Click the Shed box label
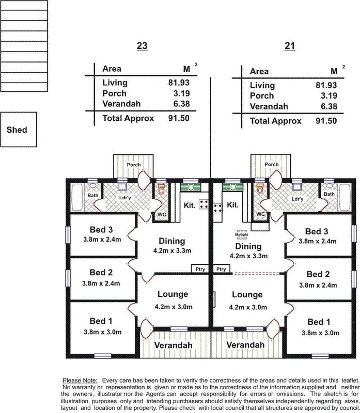coord(17,130)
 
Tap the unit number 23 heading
coord(142,46)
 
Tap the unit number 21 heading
coord(290,46)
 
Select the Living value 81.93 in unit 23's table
coord(178,83)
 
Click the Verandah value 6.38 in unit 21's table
coord(326,107)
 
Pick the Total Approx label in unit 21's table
coord(275,121)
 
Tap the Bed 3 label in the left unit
coord(101,230)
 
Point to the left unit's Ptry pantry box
coord(199,268)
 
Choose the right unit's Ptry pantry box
coord(222,268)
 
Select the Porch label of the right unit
coord(271,165)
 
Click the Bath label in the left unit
coord(93,196)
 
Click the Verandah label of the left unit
coord(176,345)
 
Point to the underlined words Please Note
coord(79,379)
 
